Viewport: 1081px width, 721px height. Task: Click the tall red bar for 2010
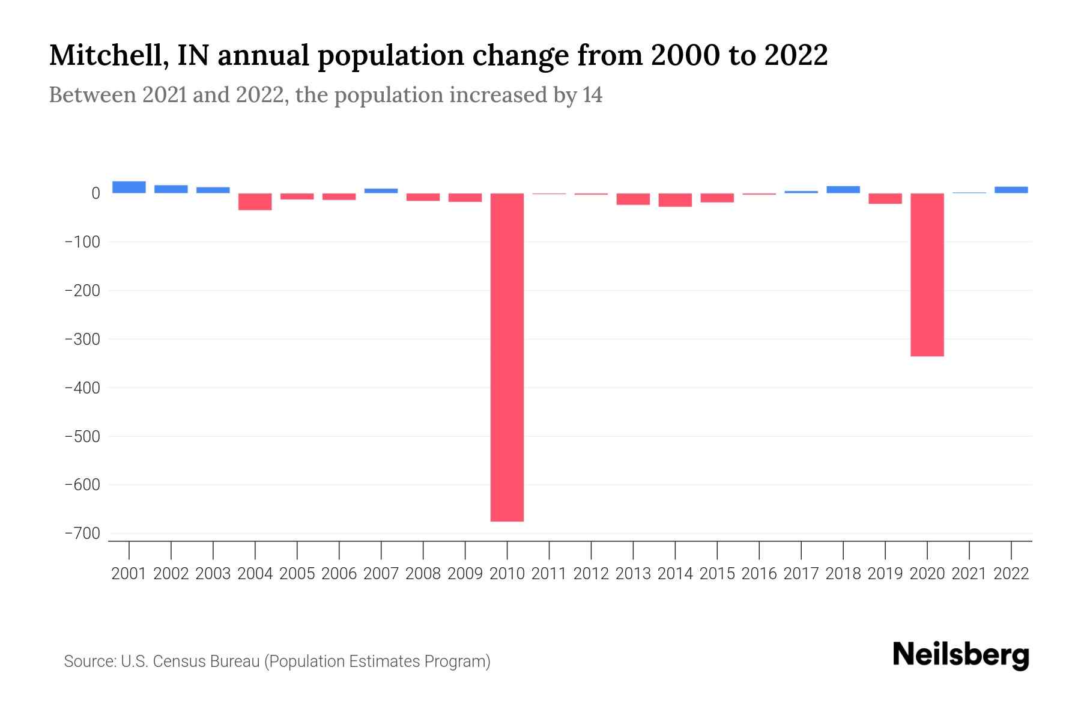507,357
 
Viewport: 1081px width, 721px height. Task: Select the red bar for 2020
927,275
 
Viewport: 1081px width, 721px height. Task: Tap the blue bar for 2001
129,187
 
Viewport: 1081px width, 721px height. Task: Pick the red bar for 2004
255,201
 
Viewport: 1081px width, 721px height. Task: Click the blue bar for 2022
1011,190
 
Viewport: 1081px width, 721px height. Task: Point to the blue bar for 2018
843,190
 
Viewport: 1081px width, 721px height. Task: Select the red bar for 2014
675,199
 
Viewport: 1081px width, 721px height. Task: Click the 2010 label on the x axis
507,574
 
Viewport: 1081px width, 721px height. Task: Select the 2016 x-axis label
759,574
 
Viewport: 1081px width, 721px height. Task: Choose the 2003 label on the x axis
213,574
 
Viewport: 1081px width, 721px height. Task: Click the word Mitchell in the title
103,56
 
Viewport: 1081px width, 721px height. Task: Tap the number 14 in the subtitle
592,95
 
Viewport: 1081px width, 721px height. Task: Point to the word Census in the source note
178,662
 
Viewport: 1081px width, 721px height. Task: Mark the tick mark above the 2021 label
969,549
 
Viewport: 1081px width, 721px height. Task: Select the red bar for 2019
885,198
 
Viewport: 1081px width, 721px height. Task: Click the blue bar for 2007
381,190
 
